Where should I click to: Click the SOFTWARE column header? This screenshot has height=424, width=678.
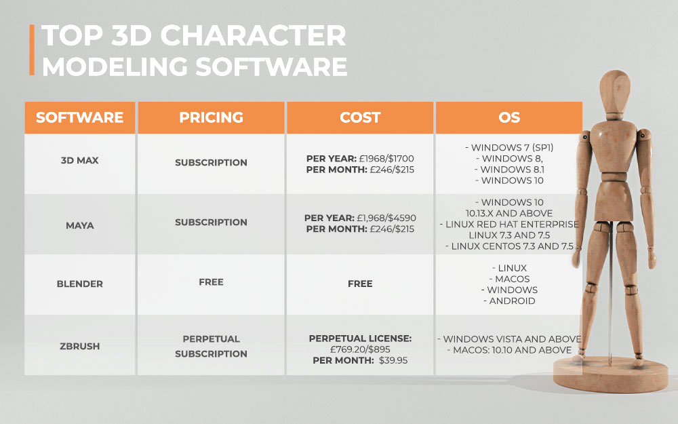[80, 117]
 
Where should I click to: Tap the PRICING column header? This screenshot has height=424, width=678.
[211, 117]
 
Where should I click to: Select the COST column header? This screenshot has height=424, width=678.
[360, 117]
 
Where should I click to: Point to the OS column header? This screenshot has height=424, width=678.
[509, 117]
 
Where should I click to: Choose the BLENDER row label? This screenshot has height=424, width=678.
[80, 284]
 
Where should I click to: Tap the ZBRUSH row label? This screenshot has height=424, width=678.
[80, 346]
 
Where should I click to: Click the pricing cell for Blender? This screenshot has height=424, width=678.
[211, 282]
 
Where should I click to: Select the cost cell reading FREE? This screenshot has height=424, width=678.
[360, 284]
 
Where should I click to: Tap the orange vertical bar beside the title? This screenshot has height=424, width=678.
[32, 51]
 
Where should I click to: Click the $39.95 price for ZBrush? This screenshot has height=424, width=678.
[393, 360]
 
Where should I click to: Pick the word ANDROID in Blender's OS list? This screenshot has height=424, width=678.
[512, 301]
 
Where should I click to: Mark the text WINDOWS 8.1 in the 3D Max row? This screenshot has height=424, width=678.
[512, 170]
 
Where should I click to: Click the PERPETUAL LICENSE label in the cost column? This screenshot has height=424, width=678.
[360, 338]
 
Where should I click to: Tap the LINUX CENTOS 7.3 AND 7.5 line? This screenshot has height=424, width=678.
[513, 246]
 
